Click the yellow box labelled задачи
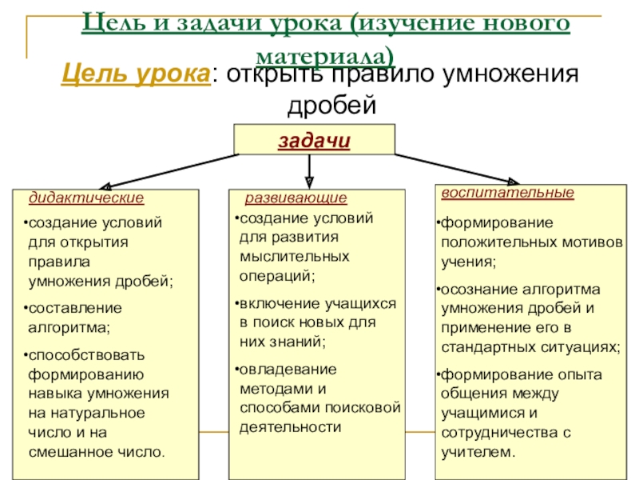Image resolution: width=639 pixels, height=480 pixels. (314, 139)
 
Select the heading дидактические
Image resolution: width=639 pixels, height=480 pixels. (86, 197)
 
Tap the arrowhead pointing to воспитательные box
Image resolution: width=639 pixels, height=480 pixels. (512, 182)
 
